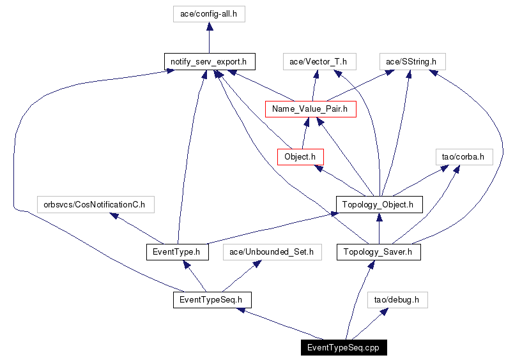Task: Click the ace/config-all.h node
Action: (x=209, y=14)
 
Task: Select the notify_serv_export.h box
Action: (x=209, y=62)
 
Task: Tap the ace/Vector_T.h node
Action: (x=318, y=62)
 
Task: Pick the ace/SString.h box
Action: (x=411, y=62)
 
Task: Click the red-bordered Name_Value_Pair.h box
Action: (x=310, y=109)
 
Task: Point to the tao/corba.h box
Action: (x=463, y=156)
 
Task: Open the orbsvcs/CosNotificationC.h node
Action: (x=95, y=204)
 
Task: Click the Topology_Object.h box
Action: (x=379, y=204)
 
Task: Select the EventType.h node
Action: (x=177, y=252)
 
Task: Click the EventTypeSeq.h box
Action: (x=211, y=299)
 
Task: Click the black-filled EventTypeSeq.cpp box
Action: (x=344, y=347)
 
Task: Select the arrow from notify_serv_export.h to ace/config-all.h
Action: (x=209, y=38)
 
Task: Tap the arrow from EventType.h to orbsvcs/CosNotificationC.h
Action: (x=137, y=229)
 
